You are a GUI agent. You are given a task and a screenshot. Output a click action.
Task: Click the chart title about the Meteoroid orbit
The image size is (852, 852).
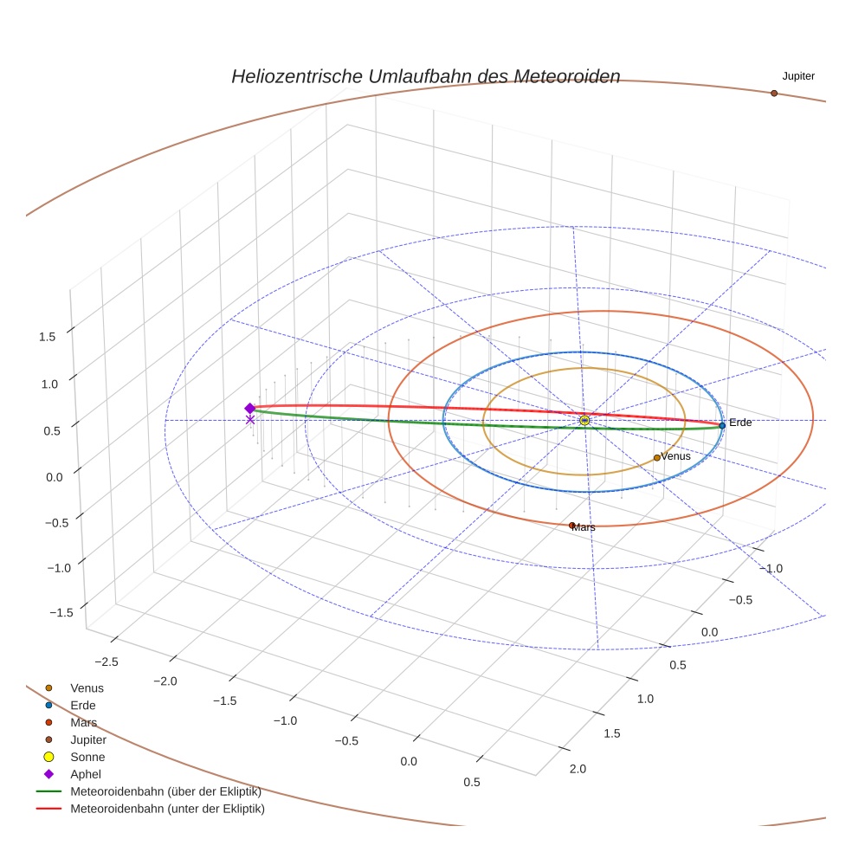click(425, 76)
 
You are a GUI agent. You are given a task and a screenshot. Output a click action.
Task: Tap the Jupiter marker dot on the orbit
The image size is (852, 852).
click(773, 93)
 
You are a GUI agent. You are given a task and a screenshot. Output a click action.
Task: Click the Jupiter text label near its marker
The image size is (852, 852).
click(797, 76)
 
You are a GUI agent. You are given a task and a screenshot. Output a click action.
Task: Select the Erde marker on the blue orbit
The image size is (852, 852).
click(721, 425)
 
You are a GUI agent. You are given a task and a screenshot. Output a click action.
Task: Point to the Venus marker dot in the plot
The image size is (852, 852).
click(656, 457)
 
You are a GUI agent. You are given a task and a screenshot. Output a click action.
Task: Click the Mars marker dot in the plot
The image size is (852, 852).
click(571, 525)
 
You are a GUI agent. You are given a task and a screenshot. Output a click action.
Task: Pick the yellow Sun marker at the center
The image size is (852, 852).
click(584, 420)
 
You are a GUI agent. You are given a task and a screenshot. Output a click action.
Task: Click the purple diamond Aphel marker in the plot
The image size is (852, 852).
click(250, 408)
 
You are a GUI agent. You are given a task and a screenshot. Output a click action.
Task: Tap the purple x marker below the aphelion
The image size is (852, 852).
click(250, 420)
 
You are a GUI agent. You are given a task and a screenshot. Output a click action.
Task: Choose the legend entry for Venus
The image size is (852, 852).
click(87, 687)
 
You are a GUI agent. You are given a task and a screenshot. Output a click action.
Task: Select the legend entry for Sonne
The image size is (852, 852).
click(87, 757)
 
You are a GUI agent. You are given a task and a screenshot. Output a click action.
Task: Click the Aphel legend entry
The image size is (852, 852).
click(86, 774)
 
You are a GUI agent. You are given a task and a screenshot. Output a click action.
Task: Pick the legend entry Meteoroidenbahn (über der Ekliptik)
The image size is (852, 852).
click(165, 791)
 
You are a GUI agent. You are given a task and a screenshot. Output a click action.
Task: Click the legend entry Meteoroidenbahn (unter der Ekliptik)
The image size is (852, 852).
click(167, 809)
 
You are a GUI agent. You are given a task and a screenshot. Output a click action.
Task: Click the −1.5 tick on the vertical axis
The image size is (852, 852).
click(60, 612)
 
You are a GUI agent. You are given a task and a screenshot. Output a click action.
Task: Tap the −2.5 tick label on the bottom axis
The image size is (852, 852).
click(105, 661)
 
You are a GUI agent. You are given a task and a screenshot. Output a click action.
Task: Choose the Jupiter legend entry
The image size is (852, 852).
click(88, 739)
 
